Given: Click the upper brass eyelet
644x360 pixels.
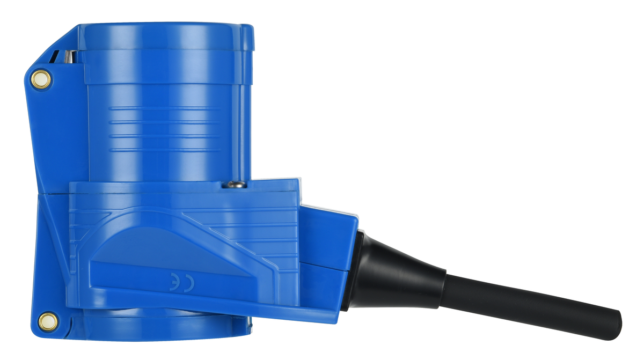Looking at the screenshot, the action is [41, 79].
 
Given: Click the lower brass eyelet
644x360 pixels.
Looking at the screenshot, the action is [48, 322].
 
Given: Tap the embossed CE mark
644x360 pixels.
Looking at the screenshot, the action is [182, 282].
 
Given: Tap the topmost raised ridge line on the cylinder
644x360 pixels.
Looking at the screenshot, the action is [164, 108].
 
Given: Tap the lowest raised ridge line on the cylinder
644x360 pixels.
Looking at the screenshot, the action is [164, 150].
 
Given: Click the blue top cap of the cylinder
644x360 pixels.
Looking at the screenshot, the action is [165, 37].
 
